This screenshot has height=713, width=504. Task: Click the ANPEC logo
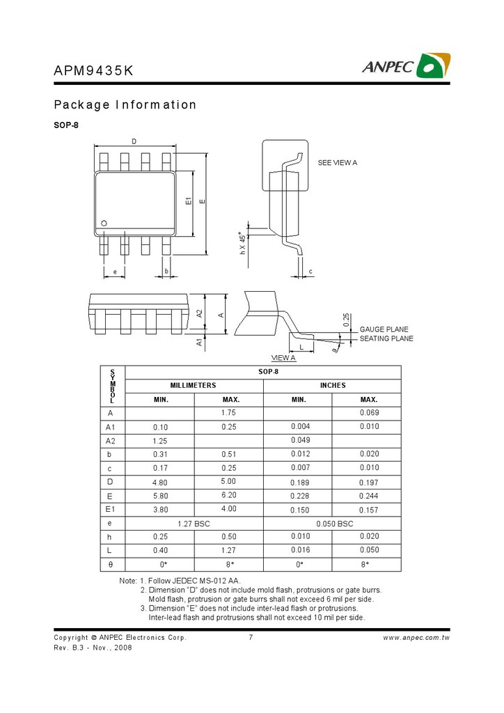click(x=405, y=65)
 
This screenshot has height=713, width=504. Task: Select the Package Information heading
click(x=125, y=105)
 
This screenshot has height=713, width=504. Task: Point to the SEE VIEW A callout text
click(x=337, y=162)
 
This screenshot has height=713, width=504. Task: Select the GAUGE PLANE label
click(x=384, y=329)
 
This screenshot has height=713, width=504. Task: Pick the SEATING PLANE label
click(x=386, y=338)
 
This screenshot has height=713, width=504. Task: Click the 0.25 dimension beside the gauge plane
click(x=347, y=320)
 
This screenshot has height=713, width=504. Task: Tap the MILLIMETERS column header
click(x=193, y=385)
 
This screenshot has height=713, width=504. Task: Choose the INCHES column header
click(x=332, y=385)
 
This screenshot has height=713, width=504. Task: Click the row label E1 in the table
click(x=111, y=509)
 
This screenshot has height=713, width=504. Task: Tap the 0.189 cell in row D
click(x=300, y=482)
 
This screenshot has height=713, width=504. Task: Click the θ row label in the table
click(x=111, y=564)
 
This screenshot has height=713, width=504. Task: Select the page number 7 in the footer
click(x=250, y=637)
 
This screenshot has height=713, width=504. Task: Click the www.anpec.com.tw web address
click(x=416, y=637)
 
